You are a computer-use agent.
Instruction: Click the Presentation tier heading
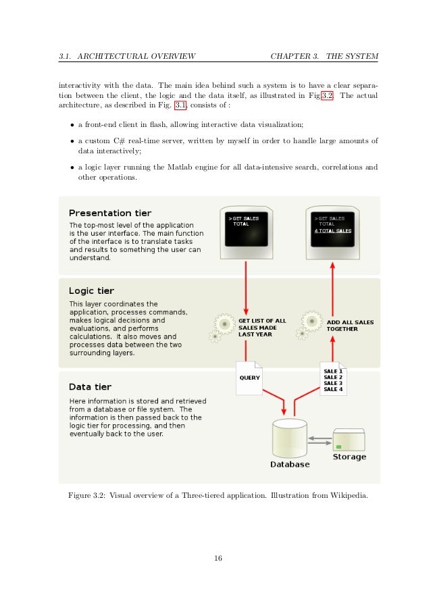(x=110, y=213)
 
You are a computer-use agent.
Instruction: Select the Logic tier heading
(x=91, y=291)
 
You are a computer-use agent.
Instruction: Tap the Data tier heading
(x=90, y=387)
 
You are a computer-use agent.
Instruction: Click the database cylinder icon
(x=289, y=438)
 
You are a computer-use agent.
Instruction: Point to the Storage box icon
(x=349, y=440)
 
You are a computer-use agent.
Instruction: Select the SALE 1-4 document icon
(x=334, y=380)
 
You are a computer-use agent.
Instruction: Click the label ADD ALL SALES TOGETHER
(x=351, y=325)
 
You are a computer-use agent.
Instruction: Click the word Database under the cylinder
(x=290, y=465)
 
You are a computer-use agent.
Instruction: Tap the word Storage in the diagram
(x=349, y=457)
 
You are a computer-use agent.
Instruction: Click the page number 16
(x=215, y=557)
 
